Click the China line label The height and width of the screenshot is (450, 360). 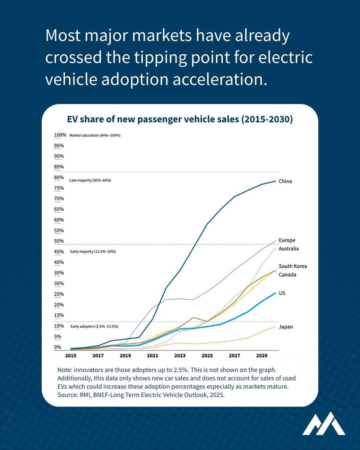point(285,181)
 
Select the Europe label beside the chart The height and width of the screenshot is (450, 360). point(287,240)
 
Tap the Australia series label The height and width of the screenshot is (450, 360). point(289,249)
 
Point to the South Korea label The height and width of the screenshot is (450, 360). point(292,266)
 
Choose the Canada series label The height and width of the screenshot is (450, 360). point(288,274)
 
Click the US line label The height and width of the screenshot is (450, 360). point(282,293)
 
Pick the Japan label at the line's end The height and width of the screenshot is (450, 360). point(286,327)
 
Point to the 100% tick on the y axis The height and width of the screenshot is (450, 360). point(60,135)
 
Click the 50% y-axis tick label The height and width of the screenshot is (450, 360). point(59,241)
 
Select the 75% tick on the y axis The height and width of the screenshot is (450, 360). point(59,188)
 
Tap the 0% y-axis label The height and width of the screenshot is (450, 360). point(58,347)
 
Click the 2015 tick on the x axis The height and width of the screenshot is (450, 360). point(71,355)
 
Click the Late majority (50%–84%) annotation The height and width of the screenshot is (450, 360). point(90,180)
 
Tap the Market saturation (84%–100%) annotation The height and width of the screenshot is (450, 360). point(94,135)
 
